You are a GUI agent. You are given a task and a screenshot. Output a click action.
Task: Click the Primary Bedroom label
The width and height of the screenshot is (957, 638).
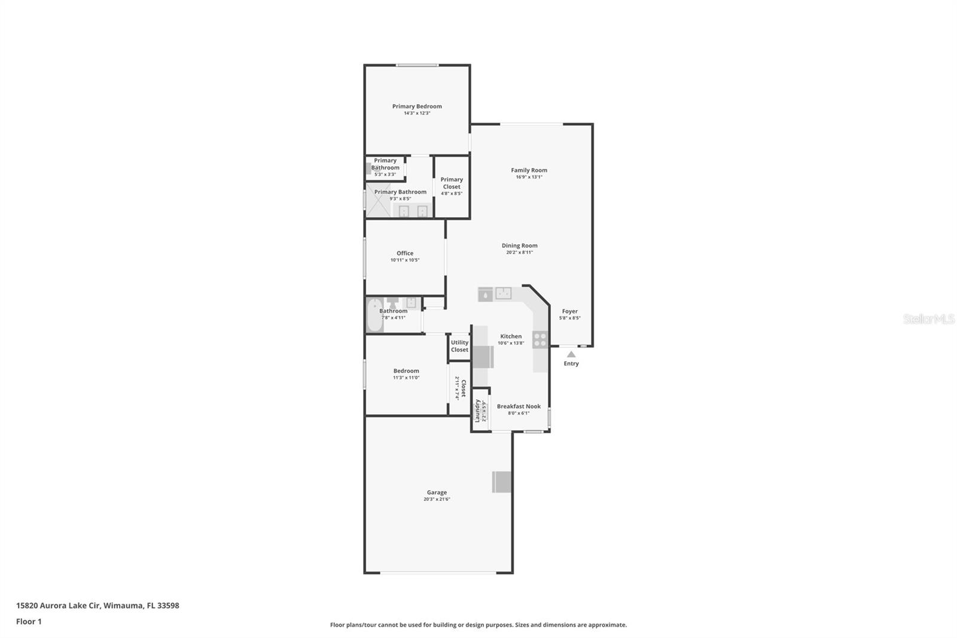click(417, 107)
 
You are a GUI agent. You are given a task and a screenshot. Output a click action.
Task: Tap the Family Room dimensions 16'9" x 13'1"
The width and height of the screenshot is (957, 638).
click(529, 177)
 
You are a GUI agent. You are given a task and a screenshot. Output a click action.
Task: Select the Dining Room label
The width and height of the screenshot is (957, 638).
click(519, 245)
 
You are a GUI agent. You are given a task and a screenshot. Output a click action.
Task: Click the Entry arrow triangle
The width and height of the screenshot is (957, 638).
click(571, 354)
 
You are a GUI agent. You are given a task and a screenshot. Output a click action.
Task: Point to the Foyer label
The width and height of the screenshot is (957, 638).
click(569, 311)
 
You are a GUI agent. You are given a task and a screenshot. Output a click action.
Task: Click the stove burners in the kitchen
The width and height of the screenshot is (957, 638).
click(540, 340)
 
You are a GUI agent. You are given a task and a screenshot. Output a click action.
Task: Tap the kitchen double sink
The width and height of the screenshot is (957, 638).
click(503, 293)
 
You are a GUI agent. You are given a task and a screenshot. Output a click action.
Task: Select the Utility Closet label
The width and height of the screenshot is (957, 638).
click(459, 346)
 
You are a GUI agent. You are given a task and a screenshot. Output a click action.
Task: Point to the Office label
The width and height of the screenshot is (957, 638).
click(405, 253)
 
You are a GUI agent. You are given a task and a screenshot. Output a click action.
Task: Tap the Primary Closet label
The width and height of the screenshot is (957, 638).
click(452, 183)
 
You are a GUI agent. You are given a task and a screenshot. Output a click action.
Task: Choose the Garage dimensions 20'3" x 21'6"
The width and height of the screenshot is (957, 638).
click(437, 499)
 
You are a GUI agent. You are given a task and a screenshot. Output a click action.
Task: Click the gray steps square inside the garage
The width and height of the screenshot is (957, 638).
click(502, 482)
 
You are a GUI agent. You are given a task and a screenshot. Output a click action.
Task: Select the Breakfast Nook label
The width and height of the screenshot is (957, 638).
click(519, 406)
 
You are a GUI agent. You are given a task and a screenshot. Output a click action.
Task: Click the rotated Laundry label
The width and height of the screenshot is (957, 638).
click(477, 411)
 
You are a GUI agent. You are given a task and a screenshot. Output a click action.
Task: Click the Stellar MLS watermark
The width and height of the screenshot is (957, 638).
click(928, 319)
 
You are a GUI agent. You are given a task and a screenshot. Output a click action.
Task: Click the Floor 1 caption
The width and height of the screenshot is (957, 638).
click(29, 621)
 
